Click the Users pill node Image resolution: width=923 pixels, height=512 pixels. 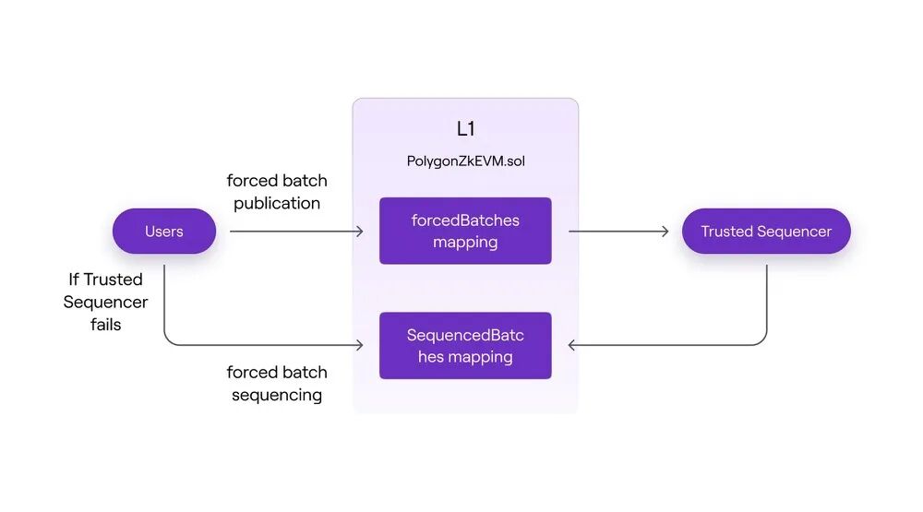tap(164, 232)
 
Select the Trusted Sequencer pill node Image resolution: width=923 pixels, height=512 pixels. tap(766, 232)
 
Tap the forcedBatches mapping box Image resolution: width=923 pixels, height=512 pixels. tap(465, 231)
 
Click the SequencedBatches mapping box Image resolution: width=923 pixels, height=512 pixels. tap(465, 345)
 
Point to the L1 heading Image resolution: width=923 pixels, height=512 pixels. tap(465, 129)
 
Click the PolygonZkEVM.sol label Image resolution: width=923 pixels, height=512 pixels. tap(465, 161)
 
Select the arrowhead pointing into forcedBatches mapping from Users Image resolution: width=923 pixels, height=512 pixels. tap(360, 232)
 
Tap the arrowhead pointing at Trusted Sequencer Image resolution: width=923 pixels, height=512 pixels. tap(665, 232)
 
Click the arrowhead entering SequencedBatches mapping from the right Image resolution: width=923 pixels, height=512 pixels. tap(571, 345)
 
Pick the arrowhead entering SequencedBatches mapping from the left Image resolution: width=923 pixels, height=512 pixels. tap(360, 345)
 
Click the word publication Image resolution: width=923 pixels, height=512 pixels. tap(277, 204)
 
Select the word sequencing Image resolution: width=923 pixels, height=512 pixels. tap(277, 395)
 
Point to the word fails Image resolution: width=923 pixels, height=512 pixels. tap(106, 325)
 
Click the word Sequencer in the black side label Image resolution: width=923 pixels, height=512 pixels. tap(105, 303)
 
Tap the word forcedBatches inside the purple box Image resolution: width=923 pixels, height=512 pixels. tap(465, 220)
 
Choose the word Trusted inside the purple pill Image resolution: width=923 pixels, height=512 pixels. tap(727, 232)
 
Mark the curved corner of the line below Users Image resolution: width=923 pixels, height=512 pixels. tap(168, 341)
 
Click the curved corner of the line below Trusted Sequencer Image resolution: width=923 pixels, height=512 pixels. tap(762, 341)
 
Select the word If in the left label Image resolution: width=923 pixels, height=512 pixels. tap(74, 279)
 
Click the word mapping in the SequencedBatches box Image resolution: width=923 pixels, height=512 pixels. tap(481, 357)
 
